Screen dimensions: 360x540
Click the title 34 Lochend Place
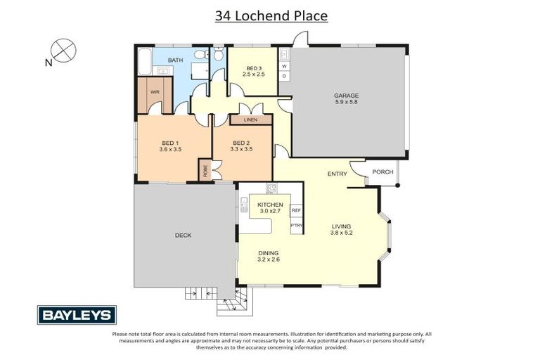[x=271, y=15]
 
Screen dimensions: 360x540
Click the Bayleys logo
[x=77, y=314]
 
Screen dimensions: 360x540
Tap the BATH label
[x=175, y=60]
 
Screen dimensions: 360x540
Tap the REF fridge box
[x=296, y=210]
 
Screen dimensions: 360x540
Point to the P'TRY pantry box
[x=296, y=225]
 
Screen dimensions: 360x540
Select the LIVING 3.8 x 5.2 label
[x=342, y=229]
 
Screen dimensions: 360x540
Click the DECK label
[x=183, y=236]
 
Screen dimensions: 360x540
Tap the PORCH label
[x=382, y=172]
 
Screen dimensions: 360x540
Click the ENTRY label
[x=337, y=174]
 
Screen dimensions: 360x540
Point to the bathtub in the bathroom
[x=143, y=61]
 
